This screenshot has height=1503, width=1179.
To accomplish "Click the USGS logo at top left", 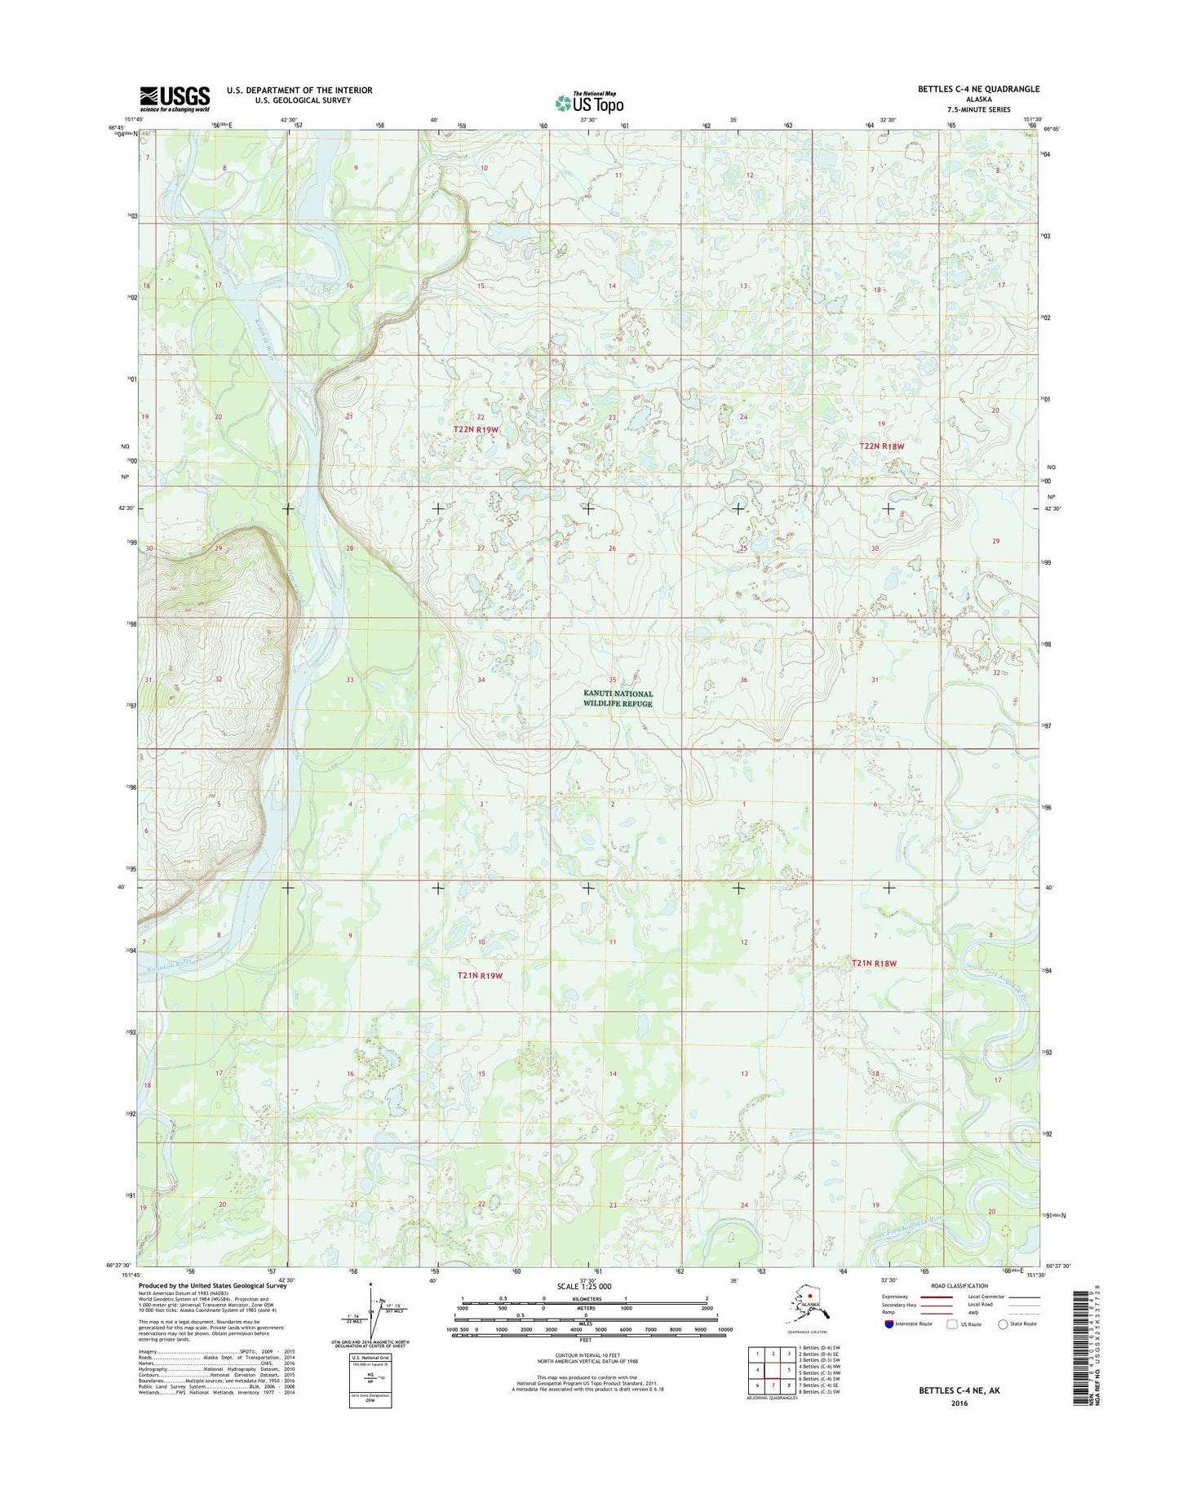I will (x=174, y=98).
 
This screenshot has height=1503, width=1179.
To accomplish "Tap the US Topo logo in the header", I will (x=589, y=103).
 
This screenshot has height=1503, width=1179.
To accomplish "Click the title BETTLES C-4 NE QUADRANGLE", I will (x=978, y=89).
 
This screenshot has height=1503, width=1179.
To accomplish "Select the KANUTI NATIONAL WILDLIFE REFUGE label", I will (x=618, y=698).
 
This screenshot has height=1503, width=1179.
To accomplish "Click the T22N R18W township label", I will (x=882, y=446).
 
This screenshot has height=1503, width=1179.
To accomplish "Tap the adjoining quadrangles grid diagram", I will (x=773, y=1369).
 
